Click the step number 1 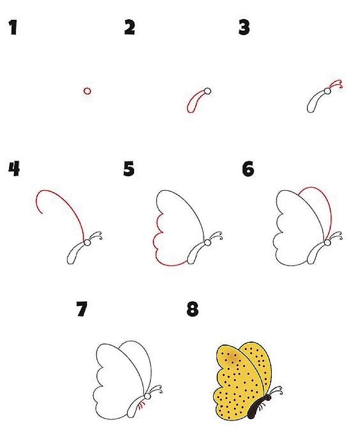[x=13, y=27]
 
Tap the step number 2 [x=130, y=28]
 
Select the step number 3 [x=244, y=28]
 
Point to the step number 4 [x=14, y=169]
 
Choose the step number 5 [x=129, y=169]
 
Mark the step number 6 [x=248, y=169]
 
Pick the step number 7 [x=82, y=309]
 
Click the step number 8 [x=193, y=309]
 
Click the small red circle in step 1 [x=87, y=91]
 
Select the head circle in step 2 [x=208, y=91]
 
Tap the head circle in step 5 [x=207, y=242]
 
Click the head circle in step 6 [x=328, y=242]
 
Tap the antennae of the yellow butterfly [x=276, y=390]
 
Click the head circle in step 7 [x=147, y=396]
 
